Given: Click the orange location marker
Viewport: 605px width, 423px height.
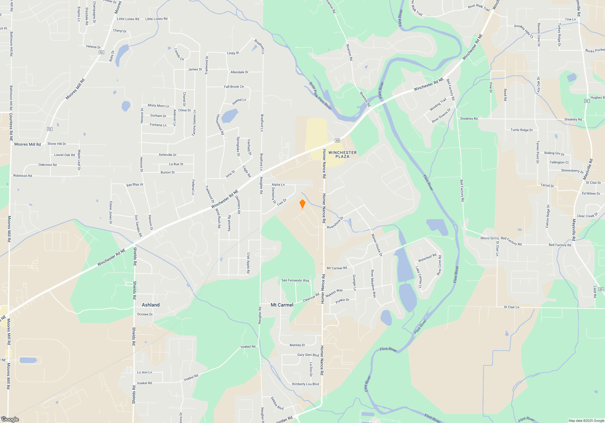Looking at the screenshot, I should click(302, 204).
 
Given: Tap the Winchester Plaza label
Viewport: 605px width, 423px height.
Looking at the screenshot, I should click(342, 154).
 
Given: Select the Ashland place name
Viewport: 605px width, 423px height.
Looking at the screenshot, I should click(151, 305).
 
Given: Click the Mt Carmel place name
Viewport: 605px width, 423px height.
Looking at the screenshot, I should click(282, 305).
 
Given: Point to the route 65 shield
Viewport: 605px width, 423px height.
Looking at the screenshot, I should click(338, 140).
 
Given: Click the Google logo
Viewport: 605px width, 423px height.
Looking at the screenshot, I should click(10, 419).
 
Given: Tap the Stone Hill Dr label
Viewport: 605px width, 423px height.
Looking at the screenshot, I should click(57, 144).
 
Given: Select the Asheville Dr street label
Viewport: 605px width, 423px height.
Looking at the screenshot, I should click(168, 155).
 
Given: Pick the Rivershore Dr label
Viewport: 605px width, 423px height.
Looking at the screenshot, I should click(335, 223).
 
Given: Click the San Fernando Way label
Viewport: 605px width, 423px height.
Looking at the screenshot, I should click(295, 280).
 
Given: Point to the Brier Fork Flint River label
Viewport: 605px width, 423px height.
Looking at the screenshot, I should click(320, 96).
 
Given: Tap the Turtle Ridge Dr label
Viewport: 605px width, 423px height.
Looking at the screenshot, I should click(522, 130).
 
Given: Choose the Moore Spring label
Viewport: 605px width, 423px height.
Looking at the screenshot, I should click(489, 238).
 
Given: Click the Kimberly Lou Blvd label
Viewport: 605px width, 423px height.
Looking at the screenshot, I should click(305, 384).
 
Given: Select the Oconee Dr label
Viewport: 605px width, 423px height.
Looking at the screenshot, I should click(145, 314).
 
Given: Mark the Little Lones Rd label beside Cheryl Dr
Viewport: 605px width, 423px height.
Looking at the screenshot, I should click(128, 19).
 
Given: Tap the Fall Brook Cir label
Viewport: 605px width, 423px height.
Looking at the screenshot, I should click(234, 87).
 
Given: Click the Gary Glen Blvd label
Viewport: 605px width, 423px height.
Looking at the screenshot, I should click(308, 355).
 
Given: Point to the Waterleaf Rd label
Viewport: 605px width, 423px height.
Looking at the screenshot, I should click(427, 258).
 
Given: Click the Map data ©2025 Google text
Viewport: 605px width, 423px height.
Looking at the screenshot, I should click(586, 421).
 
